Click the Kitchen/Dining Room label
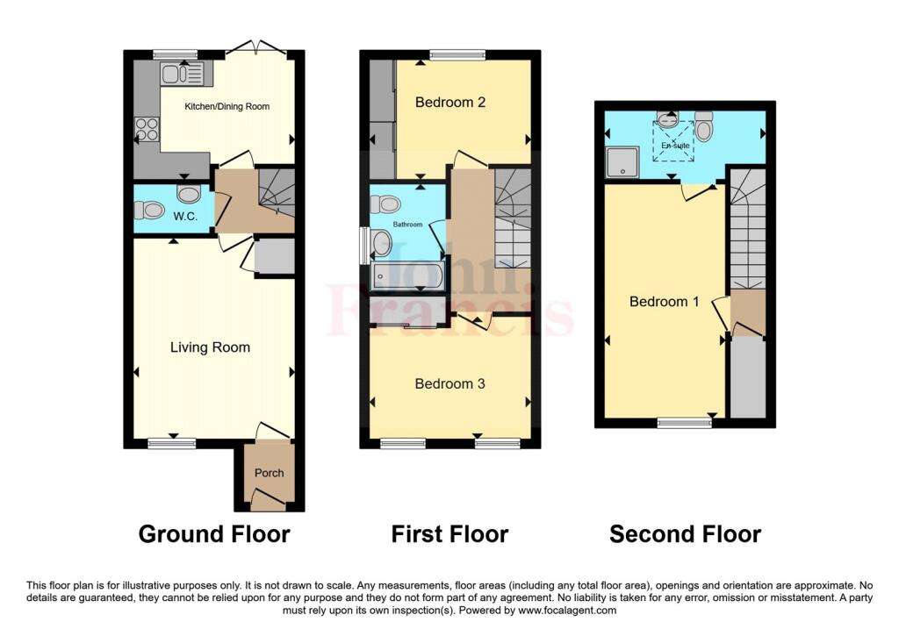click(227, 106)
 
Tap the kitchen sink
click(182, 74)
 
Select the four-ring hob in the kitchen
click(147, 129)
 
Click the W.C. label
click(185, 216)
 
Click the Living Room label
click(210, 347)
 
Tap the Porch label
click(269, 473)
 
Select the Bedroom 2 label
click(450, 103)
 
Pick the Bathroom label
click(407, 225)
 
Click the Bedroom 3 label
click(450, 384)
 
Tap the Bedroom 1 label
click(665, 301)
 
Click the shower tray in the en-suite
click(622, 161)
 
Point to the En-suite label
click(675, 146)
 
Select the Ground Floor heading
click(214, 534)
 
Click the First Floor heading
click(450, 534)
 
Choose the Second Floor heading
click(685, 534)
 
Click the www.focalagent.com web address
click(567, 610)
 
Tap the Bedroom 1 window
click(684, 424)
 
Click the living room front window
click(172, 443)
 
